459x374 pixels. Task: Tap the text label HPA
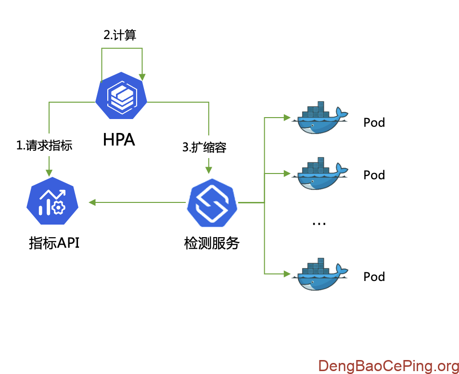pos(119,140)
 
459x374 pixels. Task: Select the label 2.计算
pos(120,36)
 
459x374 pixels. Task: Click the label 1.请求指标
pos(44,146)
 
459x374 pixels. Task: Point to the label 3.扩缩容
pos(204,147)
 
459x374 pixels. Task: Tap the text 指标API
pos(54,243)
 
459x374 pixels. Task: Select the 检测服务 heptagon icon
pos(212,203)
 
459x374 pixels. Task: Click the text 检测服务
pos(212,243)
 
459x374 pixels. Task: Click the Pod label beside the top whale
pos(374,122)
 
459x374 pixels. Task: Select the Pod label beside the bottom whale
pos(374,277)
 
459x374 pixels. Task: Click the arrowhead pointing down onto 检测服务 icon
pos(208,170)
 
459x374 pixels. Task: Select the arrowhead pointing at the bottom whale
pos(287,274)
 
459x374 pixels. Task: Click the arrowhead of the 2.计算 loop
pos(142,76)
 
